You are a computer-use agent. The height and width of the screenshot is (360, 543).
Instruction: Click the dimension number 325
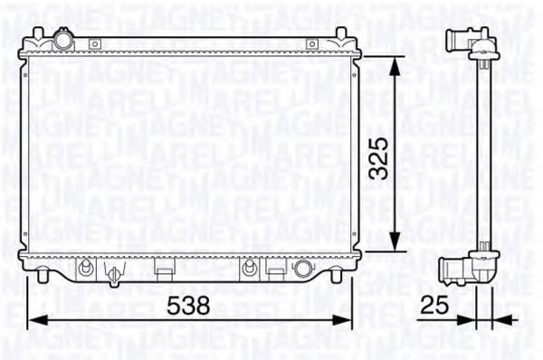click(380, 157)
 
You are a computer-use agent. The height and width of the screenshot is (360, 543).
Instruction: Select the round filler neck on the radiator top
click(62, 40)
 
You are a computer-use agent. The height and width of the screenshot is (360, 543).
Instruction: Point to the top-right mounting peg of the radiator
click(340, 34)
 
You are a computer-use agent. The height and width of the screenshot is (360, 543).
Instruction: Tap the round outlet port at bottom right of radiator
click(303, 268)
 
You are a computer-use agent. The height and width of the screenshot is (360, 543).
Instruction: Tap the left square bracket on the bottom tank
click(164, 267)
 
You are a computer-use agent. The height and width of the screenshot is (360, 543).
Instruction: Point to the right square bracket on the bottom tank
click(276, 267)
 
